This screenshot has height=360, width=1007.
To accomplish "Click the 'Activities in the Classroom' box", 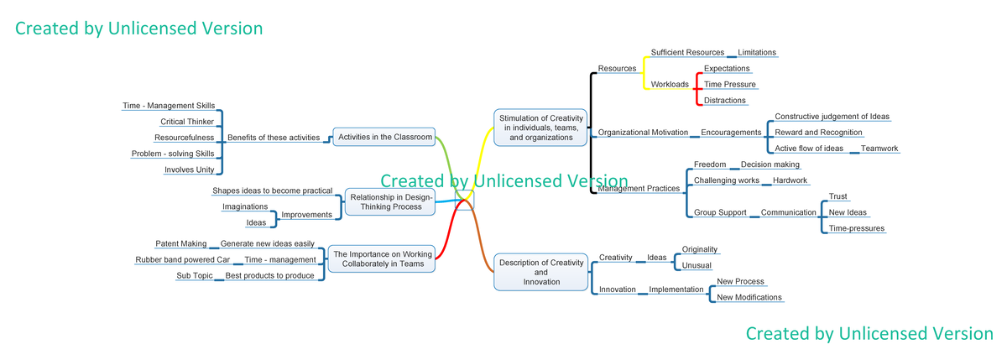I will click(384, 137).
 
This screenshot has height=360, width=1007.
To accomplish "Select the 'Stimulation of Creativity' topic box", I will click(541, 128).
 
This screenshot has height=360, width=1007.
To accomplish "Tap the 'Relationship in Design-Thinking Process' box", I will click(390, 201).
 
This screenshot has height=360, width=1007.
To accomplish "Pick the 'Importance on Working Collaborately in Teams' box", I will click(382, 259).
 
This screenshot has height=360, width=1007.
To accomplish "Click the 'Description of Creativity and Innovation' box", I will click(541, 272).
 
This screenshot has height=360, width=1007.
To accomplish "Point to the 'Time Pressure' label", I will click(729, 85).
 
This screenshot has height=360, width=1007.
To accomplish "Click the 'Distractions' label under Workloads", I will click(724, 101).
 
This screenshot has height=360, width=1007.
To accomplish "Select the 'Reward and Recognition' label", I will click(818, 133).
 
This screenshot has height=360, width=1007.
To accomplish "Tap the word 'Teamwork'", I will click(879, 149).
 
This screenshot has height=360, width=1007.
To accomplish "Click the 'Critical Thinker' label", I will click(189, 122).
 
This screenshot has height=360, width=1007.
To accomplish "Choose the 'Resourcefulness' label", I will click(185, 138).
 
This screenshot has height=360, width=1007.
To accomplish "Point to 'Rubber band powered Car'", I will click(182, 260).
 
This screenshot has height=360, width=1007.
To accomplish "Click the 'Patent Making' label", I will click(181, 244).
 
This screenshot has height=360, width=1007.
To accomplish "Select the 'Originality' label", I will click(700, 250).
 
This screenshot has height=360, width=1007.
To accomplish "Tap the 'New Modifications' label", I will click(749, 298).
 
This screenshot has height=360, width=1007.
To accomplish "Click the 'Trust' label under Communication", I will click(837, 197).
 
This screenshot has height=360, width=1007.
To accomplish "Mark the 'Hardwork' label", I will click(790, 181).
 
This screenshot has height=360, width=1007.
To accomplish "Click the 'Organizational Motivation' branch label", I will click(642, 133).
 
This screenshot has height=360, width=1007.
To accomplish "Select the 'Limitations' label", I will click(756, 53).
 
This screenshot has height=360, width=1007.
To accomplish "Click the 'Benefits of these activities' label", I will click(274, 138).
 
